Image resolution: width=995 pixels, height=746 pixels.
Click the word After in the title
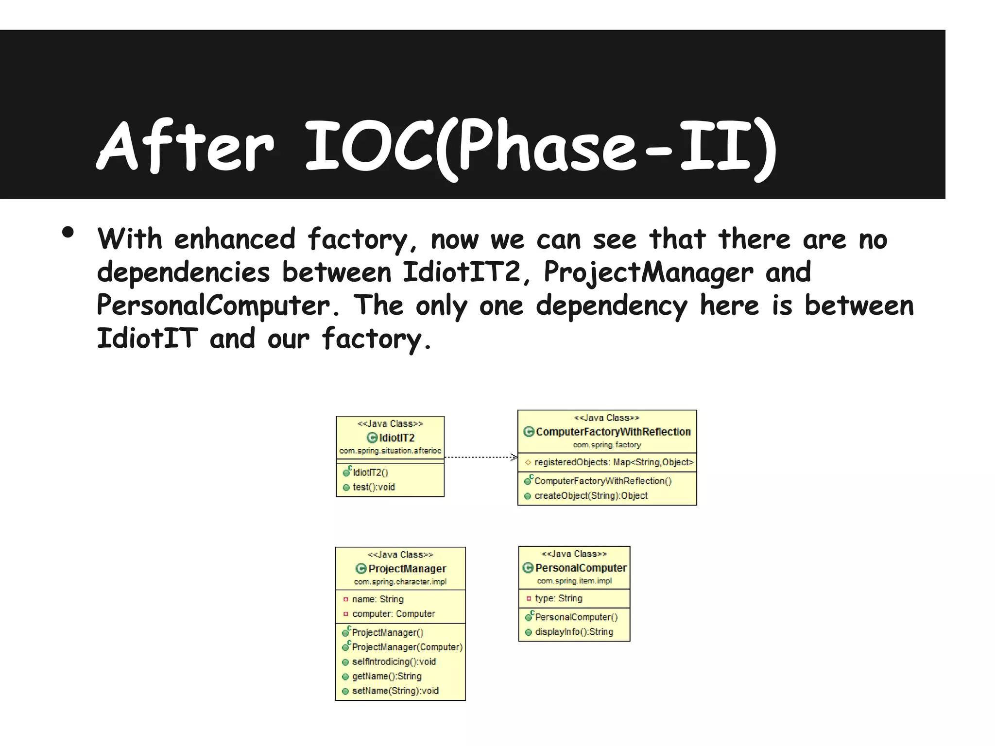(186, 146)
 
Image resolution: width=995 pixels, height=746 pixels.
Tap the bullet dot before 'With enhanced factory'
(68, 233)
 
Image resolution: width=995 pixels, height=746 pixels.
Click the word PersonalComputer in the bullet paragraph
(213, 305)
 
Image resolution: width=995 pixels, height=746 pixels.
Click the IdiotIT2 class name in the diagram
(396, 438)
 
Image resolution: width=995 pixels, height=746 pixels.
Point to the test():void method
(374, 487)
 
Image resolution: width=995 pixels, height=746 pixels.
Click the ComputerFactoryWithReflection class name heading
(613, 432)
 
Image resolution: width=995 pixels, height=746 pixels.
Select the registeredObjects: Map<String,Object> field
(614, 462)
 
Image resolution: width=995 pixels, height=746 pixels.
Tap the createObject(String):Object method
(591, 496)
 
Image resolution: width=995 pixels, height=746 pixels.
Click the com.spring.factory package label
(607, 445)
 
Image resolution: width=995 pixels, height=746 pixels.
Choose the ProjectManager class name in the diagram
(407, 569)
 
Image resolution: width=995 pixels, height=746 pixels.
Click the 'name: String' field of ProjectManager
(377, 599)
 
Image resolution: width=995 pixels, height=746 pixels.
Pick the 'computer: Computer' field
(394, 614)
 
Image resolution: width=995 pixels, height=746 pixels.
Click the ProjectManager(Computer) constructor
(407, 647)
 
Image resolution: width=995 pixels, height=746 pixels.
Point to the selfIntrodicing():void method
(394, 661)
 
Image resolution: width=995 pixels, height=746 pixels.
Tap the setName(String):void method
(395, 691)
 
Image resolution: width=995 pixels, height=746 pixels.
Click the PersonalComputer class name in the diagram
(581, 568)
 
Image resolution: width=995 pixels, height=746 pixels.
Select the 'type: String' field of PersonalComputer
(558, 598)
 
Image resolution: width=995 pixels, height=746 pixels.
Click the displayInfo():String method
(574, 632)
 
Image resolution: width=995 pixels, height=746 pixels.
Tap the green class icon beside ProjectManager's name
(361, 569)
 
